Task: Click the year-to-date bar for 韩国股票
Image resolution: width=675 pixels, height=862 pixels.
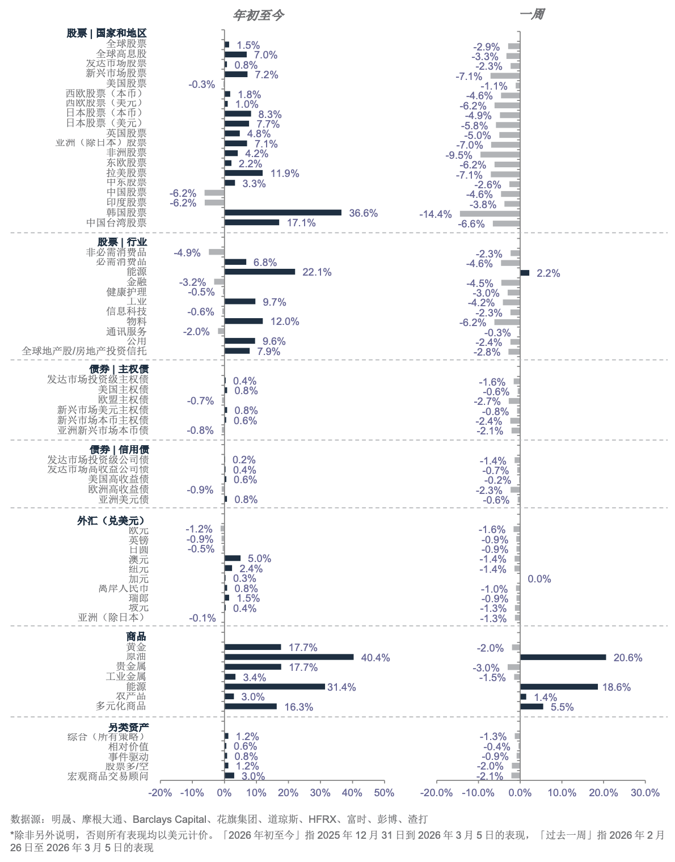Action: point(283,213)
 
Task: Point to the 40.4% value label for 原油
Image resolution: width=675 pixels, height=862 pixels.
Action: point(376,658)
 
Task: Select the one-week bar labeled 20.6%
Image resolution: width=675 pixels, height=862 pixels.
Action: point(563,657)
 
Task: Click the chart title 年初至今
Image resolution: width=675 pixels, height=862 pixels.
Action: point(258,15)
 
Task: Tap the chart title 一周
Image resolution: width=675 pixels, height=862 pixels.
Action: point(531,14)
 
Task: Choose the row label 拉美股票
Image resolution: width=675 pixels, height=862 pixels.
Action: point(126,173)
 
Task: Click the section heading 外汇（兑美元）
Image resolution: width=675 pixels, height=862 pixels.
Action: point(112,520)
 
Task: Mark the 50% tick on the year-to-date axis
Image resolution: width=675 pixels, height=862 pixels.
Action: point(384,793)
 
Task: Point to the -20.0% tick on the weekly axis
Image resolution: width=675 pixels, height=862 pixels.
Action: point(437,793)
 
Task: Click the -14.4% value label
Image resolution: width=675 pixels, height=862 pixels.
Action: point(436,214)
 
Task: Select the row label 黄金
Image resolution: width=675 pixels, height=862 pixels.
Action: point(136,647)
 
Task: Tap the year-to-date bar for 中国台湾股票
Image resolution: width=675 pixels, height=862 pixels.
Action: point(252,222)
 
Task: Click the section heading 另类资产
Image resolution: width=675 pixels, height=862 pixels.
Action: point(128,727)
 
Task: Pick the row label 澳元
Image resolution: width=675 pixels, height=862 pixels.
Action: point(138,560)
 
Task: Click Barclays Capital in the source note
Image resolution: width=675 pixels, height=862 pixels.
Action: point(169,819)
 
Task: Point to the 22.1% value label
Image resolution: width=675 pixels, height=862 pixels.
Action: point(317,272)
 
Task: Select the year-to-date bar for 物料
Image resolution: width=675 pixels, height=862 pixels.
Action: point(244,321)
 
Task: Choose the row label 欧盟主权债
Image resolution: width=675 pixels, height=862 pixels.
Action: point(123,400)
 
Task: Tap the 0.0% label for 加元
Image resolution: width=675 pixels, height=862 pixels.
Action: point(539,579)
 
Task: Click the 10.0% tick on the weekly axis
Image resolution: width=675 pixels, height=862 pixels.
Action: point(562,793)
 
